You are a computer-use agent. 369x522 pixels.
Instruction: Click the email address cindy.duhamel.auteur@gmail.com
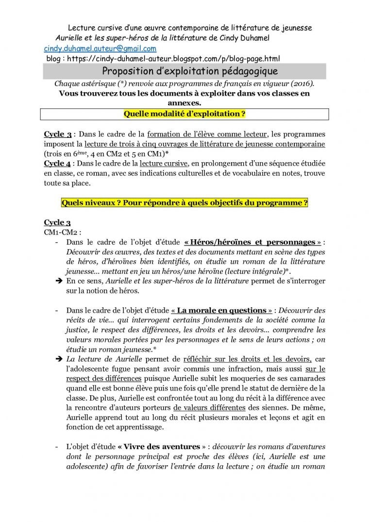click(x=100, y=49)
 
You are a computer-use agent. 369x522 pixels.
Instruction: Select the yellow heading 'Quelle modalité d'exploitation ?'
click(x=184, y=114)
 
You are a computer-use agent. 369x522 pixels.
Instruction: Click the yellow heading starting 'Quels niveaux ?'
click(x=184, y=202)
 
